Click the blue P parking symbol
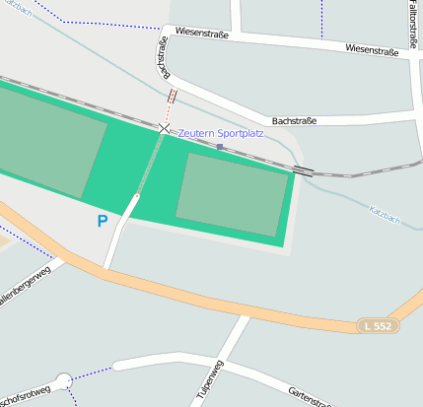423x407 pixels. pos(102,222)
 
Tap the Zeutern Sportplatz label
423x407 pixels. pos(221,133)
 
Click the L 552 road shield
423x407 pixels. pos(378,325)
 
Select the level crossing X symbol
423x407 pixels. pos(165,128)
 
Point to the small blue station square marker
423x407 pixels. pos(220,147)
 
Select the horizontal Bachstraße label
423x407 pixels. pos(294,121)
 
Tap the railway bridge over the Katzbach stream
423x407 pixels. pos(304,170)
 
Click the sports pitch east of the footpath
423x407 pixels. pos(233,194)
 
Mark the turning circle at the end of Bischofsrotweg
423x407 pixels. pos(64,379)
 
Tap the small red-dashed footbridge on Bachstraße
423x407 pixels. pos(173,97)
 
